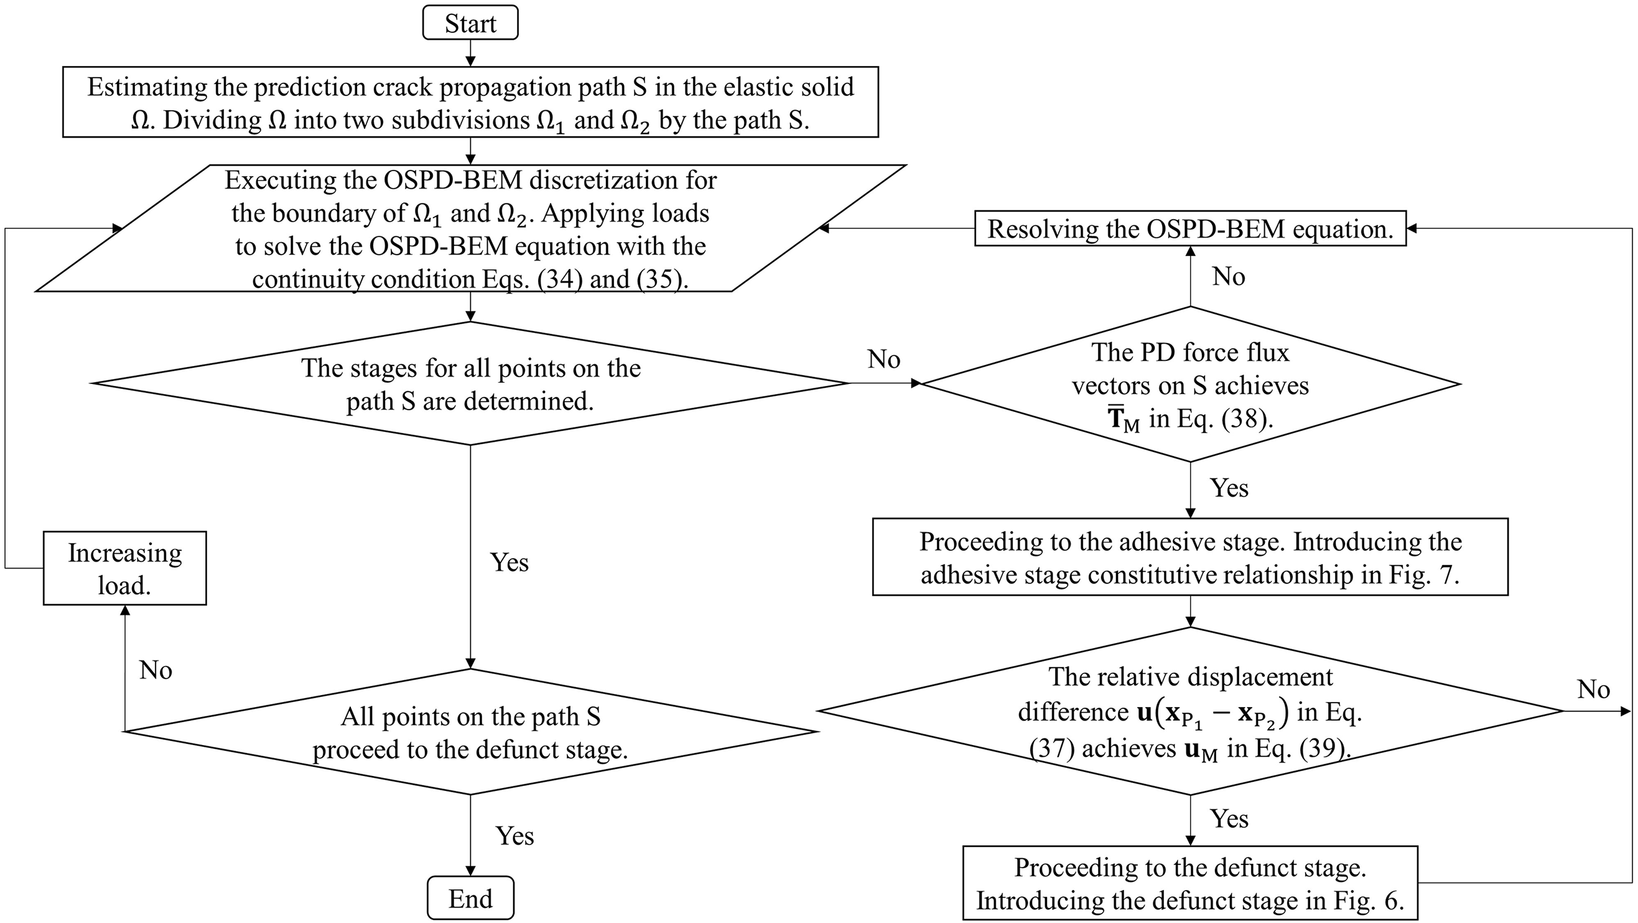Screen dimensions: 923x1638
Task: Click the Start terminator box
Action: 470,24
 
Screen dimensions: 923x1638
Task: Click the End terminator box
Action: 470,898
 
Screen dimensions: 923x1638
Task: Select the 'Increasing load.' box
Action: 124,568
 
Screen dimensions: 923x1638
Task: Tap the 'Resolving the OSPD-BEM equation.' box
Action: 1189,229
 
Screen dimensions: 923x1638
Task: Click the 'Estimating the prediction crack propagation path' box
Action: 470,103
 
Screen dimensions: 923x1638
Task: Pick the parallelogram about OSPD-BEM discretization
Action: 470,229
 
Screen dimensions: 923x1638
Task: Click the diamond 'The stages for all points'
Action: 470,383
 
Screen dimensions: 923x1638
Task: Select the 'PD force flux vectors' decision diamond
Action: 1189,385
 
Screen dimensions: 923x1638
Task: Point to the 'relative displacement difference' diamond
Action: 1189,711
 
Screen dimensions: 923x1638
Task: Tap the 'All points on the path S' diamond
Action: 470,732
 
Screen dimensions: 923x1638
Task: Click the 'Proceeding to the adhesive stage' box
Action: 1189,557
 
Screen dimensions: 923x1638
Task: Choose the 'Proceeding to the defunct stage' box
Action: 1189,883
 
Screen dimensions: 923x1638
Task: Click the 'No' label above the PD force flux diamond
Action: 1228,277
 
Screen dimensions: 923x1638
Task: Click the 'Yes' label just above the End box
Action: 514,836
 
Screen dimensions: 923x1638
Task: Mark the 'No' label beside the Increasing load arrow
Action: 156,670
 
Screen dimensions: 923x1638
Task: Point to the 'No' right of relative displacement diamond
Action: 1593,690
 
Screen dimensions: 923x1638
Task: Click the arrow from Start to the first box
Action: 470,53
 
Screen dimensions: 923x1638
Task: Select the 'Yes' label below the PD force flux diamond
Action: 1229,488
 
